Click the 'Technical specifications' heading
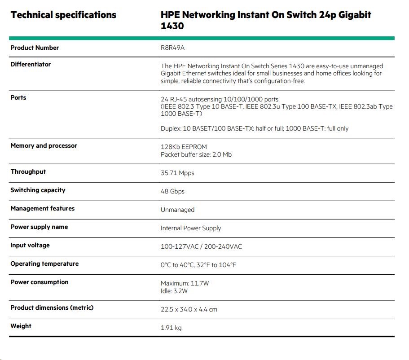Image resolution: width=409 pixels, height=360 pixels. point(63,15)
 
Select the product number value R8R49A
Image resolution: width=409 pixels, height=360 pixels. point(172,48)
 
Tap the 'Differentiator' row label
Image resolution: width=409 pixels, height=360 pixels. point(31,65)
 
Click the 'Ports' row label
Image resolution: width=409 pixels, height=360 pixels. point(18,98)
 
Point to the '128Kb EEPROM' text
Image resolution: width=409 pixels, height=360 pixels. point(184,147)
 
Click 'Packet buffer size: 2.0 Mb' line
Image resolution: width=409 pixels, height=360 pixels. point(196,155)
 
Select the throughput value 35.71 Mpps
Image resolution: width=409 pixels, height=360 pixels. point(177,173)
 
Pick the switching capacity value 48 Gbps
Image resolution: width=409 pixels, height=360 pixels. point(172,191)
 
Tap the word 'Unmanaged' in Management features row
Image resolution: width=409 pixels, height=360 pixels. point(177,210)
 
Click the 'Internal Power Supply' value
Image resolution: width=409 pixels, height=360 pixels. point(191,228)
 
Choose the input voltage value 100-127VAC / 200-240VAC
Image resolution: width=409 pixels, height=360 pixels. point(201,246)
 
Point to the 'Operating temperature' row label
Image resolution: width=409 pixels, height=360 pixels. point(44,264)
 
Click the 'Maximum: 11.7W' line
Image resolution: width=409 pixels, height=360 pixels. point(185,283)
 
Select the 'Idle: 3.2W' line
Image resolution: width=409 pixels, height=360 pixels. point(174,291)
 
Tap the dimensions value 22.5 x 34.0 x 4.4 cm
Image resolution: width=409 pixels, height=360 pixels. point(189,310)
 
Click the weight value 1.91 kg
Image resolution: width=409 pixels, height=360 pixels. point(171,328)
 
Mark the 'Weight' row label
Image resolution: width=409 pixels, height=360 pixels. point(21,326)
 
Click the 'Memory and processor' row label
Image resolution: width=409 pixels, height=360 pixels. point(44,146)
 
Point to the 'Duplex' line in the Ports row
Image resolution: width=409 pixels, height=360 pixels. point(255,129)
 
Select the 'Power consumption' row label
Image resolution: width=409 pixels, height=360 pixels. point(40,282)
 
